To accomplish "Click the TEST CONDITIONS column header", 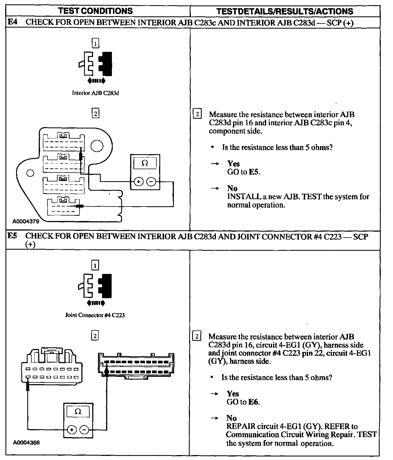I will [x=96, y=11].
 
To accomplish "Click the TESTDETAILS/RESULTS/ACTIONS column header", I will [x=285, y=11].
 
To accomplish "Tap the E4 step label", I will [x=12, y=22].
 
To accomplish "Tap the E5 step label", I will [x=12, y=236].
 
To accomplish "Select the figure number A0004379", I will [x=26, y=222].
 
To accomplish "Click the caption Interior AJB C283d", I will [x=95, y=93].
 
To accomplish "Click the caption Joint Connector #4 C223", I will [x=95, y=315].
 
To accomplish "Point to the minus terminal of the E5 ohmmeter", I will [x=84, y=430].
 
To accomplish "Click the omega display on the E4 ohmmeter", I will [x=145, y=163].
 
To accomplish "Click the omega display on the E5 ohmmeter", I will [x=78, y=411].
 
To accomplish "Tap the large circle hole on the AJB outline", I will [x=97, y=146].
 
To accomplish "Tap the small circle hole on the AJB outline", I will [x=30, y=173].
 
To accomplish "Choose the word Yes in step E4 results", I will [x=234, y=164].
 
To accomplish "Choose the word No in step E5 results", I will [x=231, y=418].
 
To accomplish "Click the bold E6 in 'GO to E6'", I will [x=254, y=402].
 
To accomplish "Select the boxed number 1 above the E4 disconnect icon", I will [x=95, y=43].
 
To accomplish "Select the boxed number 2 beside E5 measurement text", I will [x=197, y=336].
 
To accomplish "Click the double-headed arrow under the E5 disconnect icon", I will [x=95, y=303].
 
